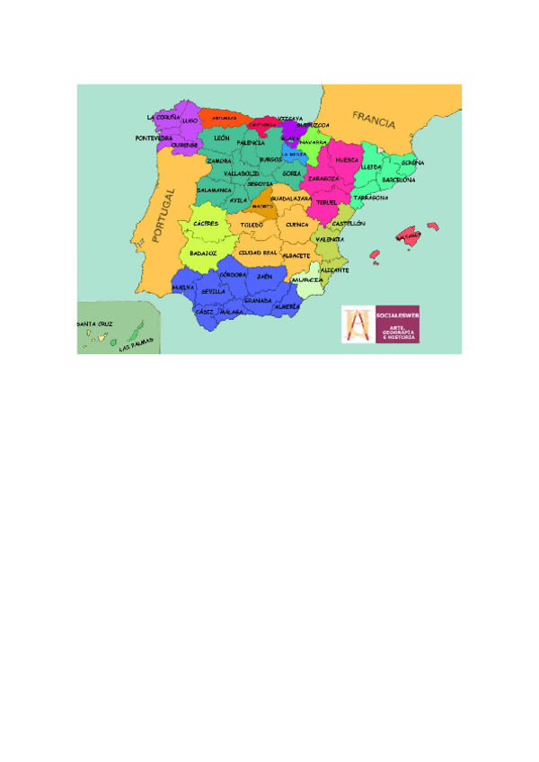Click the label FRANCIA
374,118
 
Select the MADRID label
262,206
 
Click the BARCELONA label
399,180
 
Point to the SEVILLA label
213,291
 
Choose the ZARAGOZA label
323,178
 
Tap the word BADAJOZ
203,253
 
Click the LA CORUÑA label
163,118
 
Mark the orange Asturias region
225,118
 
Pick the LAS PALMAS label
137,343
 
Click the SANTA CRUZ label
94,323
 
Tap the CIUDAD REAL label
258,253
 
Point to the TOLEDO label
252,224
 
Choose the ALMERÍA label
287,306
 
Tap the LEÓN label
222,138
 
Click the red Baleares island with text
410,237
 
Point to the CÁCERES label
206,223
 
